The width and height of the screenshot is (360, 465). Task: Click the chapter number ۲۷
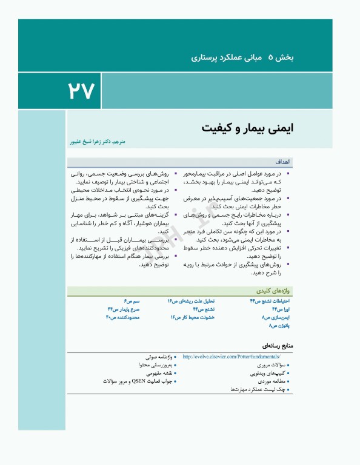(82, 91)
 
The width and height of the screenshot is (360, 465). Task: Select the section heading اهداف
(284, 162)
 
